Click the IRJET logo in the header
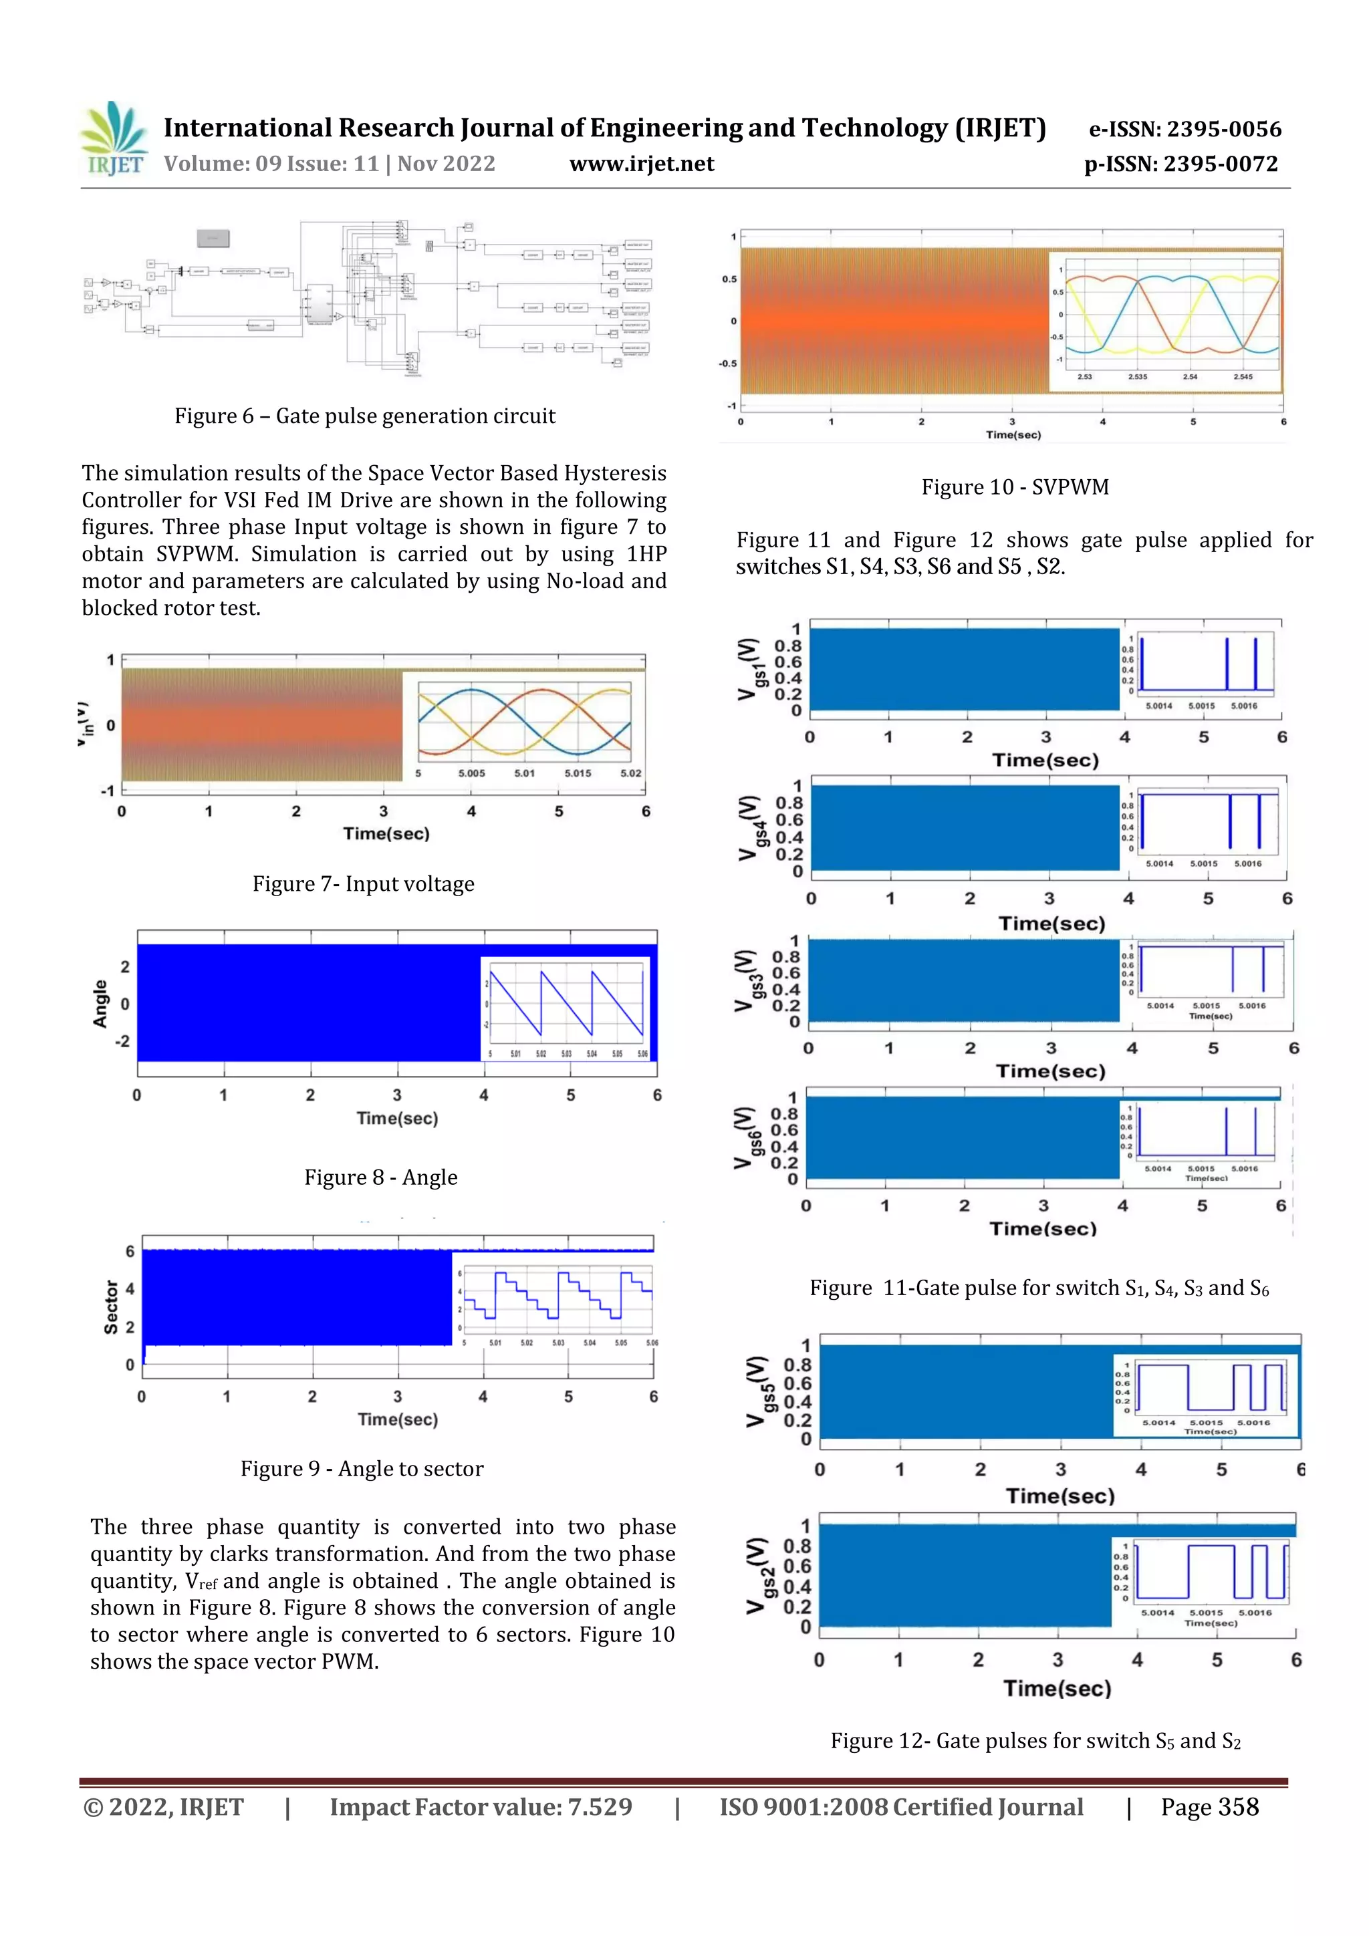(x=113, y=138)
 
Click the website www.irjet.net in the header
(x=641, y=164)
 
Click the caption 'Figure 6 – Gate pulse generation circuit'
(x=364, y=416)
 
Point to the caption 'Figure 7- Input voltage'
(x=364, y=883)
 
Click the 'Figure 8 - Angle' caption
(x=380, y=1177)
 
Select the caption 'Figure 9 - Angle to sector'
(x=362, y=1469)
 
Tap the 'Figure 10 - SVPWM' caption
(x=1015, y=487)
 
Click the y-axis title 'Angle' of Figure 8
(x=100, y=1003)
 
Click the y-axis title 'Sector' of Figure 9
(x=110, y=1308)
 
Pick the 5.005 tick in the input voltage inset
(x=471, y=773)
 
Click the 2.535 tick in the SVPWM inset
(x=1137, y=377)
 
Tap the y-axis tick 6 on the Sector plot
(x=130, y=1251)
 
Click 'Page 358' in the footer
(x=1210, y=1807)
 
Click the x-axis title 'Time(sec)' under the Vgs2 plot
(x=1057, y=1688)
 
